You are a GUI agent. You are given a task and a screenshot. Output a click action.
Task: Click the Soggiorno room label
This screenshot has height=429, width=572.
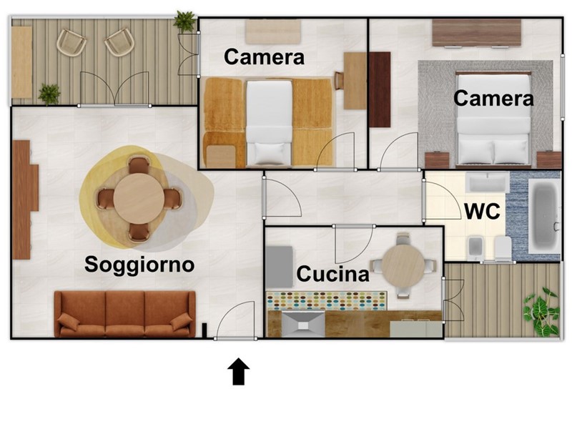(139, 265)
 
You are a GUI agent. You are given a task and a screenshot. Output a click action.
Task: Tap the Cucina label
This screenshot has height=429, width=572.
(332, 274)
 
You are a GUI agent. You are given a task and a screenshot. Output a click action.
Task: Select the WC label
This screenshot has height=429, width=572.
(482, 211)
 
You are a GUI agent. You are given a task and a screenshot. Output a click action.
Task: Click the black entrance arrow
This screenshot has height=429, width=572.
(239, 371)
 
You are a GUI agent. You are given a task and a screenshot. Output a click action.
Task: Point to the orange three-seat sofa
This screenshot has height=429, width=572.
(124, 314)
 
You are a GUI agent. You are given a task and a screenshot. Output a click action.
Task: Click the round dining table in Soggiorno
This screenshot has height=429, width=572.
(139, 199)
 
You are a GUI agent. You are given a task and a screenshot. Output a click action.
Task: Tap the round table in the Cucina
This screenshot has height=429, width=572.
(403, 265)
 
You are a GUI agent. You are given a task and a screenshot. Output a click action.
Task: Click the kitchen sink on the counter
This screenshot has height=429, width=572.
(302, 324)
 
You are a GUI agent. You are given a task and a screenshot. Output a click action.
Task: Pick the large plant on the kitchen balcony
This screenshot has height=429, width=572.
(541, 312)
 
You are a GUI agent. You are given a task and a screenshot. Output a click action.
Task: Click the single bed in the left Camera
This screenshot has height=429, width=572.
(270, 122)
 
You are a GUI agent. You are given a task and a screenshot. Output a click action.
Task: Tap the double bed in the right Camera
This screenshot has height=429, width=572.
(493, 119)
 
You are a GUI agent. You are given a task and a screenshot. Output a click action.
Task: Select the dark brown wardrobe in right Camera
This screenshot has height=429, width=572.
(380, 90)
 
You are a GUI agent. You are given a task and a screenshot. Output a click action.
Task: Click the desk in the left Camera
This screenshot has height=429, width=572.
(355, 81)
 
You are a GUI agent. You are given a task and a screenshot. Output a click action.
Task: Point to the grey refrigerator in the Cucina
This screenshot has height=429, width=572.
(280, 267)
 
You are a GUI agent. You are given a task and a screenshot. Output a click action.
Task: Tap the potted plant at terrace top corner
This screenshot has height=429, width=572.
(185, 21)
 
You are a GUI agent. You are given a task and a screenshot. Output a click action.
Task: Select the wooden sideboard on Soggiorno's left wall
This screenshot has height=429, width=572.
(25, 199)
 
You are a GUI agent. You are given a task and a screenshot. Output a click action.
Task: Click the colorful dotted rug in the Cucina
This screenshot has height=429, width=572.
(327, 301)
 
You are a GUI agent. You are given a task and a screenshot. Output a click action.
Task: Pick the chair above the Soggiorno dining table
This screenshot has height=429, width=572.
(139, 165)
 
